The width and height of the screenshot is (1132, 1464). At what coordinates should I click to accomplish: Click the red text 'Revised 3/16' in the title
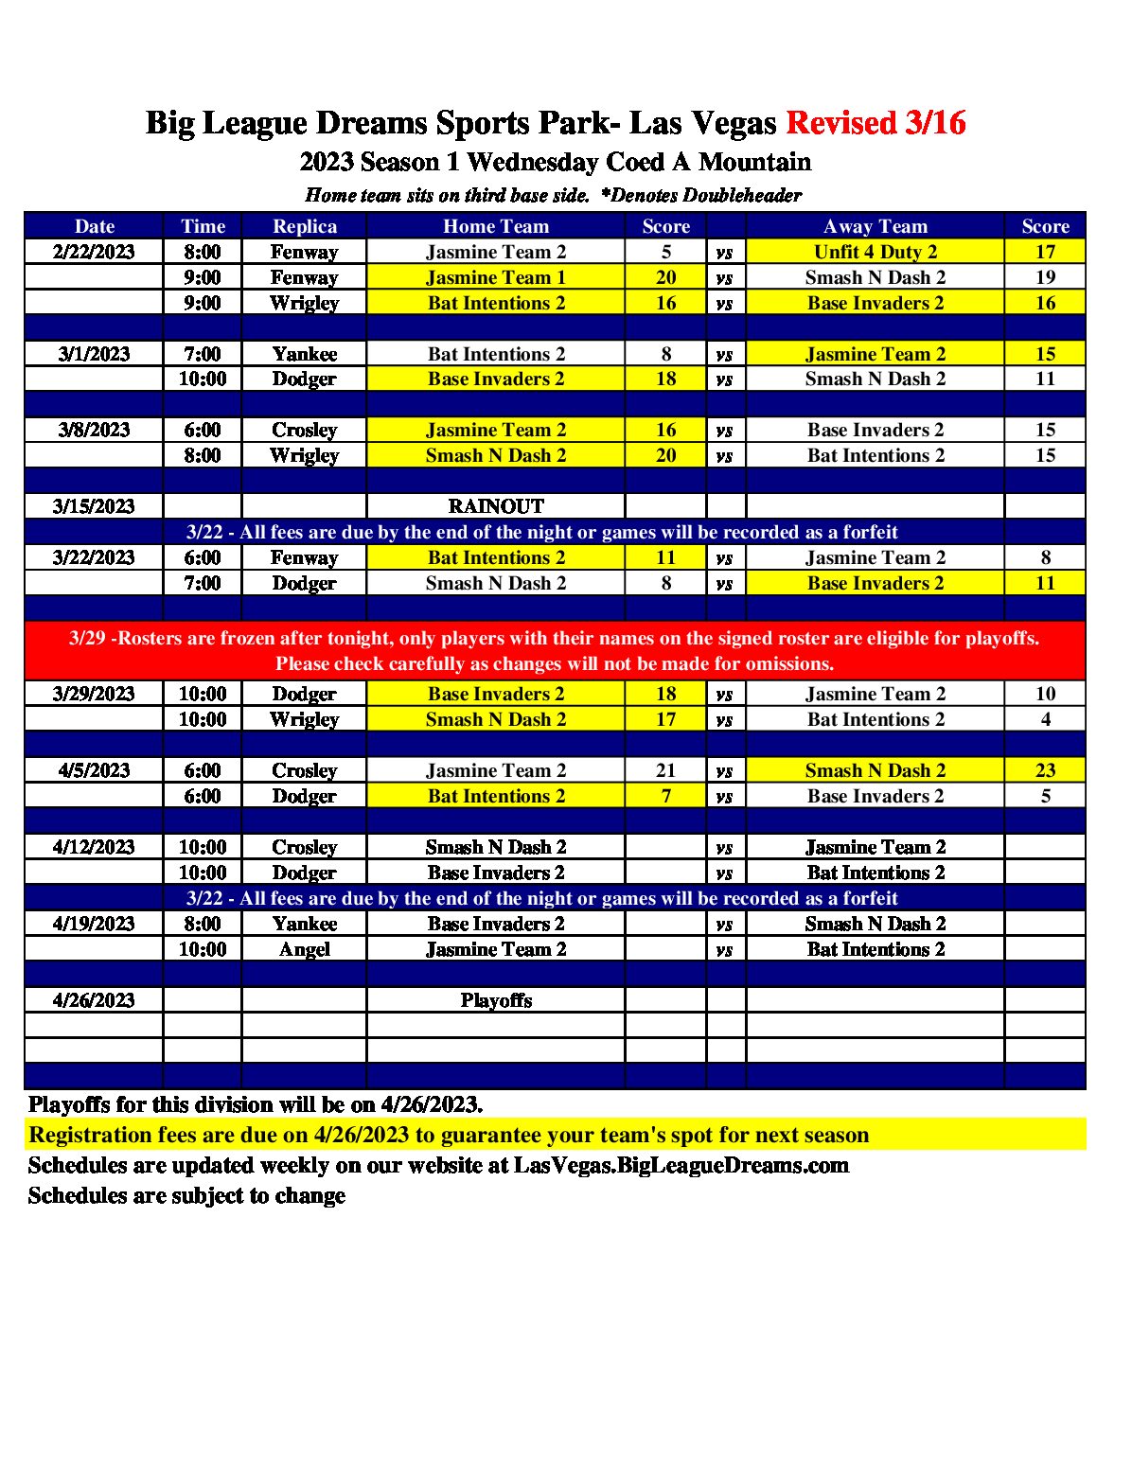[x=876, y=123]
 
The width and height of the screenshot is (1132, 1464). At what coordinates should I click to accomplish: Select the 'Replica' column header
[x=305, y=226]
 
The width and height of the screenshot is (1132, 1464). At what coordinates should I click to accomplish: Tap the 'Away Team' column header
[x=876, y=226]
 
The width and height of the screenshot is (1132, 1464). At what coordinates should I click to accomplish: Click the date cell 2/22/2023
[x=94, y=252]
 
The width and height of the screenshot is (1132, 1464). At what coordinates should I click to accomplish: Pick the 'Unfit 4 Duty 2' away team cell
[x=876, y=252]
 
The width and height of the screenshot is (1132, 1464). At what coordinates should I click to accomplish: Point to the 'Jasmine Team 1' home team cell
[x=496, y=277]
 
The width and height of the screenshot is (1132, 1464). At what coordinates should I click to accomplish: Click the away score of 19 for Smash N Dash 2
[x=1045, y=277]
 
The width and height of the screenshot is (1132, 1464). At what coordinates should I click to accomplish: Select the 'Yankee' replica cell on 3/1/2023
[x=305, y=354]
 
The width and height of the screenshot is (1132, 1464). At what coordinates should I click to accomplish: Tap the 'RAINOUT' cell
[x=496, y=506]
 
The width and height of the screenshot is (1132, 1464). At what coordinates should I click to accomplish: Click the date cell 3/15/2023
[x=94, y=506]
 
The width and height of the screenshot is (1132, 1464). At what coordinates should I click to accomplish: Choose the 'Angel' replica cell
[x=305, y=949]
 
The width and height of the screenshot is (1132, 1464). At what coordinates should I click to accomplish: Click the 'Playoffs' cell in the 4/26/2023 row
[x=496, y=1000]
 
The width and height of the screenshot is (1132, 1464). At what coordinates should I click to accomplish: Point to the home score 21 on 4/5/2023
[x=665, y=770]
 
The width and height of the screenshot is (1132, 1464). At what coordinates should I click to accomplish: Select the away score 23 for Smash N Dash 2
[x=1045, y=770]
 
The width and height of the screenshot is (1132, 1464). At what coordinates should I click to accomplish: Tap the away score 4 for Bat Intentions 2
[x=1045, y=719]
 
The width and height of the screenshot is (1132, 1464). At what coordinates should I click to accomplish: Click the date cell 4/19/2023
[x=94, y=924]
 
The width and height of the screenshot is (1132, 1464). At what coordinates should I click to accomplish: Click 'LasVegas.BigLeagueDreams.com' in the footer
[x=681, y=1165]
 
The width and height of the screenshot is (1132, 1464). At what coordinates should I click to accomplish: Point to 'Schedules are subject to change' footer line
[x=186, y=1195]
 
